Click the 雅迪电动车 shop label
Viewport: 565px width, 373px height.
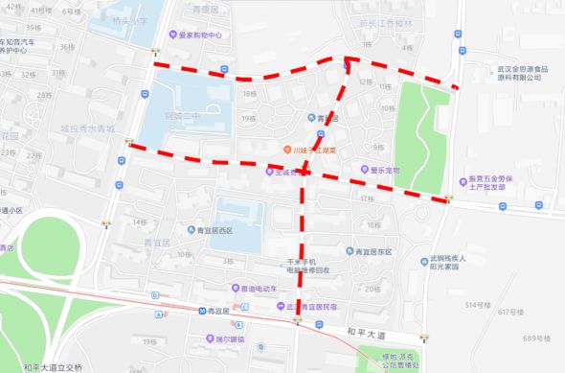pyautogui.click(x=259, y=288)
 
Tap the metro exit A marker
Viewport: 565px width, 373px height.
pyautogui.click(x=157, y=314)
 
